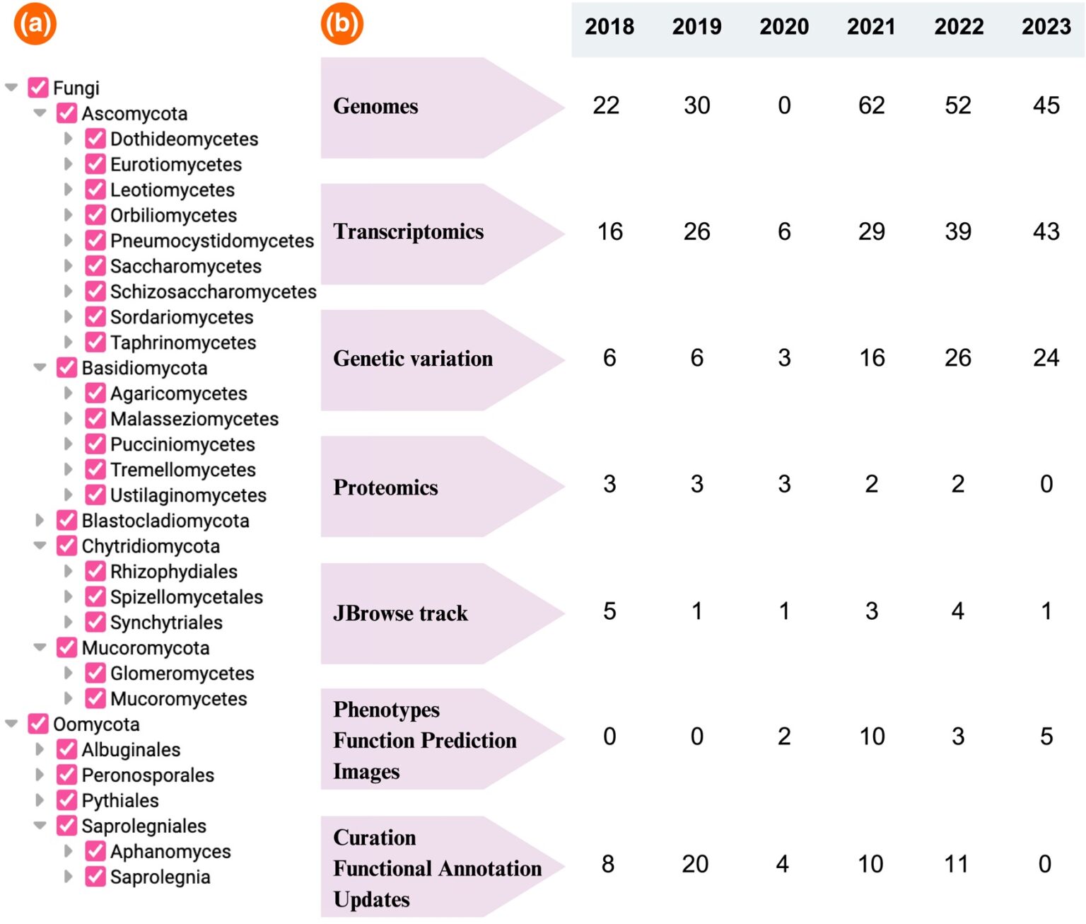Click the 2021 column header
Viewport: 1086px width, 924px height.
click(x=871, y=27)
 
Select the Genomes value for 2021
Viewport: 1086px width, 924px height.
click(x=871, y=105)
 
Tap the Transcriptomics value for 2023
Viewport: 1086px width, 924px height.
click(x=1046, y=231)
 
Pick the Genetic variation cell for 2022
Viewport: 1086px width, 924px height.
click(x=958, y=358)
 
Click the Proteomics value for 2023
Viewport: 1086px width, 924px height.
click(x=1046, y=484)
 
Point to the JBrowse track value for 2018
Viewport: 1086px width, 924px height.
click(x=609, y=611)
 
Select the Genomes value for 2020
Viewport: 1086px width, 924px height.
click(x=784, y=105)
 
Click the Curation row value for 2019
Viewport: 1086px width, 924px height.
click(x=696, y=864)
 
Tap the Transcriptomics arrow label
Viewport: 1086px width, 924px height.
click(x=409, y=232)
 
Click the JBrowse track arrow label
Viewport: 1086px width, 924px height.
click(x=400, y=613)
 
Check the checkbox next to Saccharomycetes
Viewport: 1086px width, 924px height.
click(x=95, y=266)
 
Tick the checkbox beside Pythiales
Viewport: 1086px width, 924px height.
click(x=67, y=800)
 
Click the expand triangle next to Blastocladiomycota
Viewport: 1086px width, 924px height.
click(x=40, y=521)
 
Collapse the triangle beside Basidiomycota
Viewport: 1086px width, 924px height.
click(x=40, y=368)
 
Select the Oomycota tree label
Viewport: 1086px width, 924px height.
click(x=96, y=724)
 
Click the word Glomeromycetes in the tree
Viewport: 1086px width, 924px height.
click(x=182, y=674)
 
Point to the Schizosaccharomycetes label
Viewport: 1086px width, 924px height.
click(x=213, y=291)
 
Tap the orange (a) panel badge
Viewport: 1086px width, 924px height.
click(x=35, y=24)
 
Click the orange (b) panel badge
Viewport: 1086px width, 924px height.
click(x=341, y=24)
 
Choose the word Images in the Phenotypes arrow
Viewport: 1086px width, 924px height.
click(x=366, y=771)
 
